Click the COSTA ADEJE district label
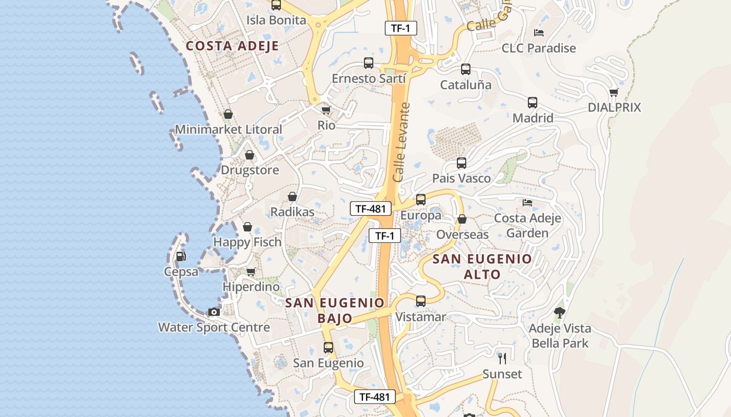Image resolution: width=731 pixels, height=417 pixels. [x=232, y=46]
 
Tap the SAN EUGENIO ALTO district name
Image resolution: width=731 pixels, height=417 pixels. [x=482, y=266]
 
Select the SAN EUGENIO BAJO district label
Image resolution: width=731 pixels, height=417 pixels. [x=335, y=311]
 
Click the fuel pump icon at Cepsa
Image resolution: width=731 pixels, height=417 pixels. [x=181, y=256]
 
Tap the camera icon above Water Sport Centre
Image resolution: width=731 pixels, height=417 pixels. [x=214, y=312]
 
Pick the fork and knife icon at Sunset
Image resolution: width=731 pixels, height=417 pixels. [x=502, y=358]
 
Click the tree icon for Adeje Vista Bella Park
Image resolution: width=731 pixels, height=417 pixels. [x=560, y=313]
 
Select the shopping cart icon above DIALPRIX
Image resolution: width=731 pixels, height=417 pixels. [x=614, y=92]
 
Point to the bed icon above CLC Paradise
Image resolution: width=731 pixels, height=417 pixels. [x=539, y=32]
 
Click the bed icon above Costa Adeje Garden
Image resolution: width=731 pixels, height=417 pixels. [x=527, y=202]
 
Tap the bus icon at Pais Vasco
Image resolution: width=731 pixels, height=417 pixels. [x=462, y=163]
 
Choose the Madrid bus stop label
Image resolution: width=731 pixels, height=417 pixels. [x=533, y=118]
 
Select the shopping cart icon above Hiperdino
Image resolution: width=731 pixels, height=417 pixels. [x=251, y=272]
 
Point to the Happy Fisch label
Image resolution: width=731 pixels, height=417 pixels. [x=247, y=242]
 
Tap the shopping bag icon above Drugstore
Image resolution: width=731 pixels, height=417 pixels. [x=250, y=155]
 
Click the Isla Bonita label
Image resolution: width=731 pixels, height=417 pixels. [x=276, y=20]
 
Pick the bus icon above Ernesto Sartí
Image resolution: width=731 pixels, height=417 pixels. [x=369, y=63]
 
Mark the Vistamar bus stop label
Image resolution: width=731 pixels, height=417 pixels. [x=421, y=317]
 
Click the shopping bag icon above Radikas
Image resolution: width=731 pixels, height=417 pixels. [x=292, y=197]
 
